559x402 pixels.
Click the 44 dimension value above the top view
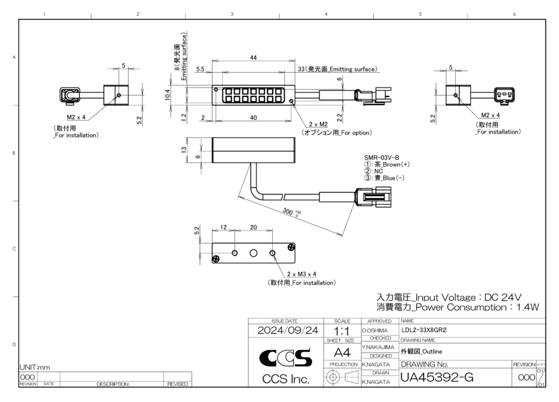(x=253, y=57)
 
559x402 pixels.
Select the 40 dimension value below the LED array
(x=253, y=117)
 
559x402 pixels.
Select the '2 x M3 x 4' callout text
(x=302, y=274)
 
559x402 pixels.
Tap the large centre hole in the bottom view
(x=253, y=253)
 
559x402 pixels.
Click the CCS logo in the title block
(x=286, y=359)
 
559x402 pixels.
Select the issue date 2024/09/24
(x=288, y=331)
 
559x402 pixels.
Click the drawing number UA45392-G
(x=437, y=377)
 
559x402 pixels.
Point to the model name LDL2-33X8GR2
(x=424, y=330)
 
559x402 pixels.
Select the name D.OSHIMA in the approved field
(x=375, y=331)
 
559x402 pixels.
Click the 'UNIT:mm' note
(x=35, y=367)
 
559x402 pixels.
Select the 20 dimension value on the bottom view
(x=253, y=228)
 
